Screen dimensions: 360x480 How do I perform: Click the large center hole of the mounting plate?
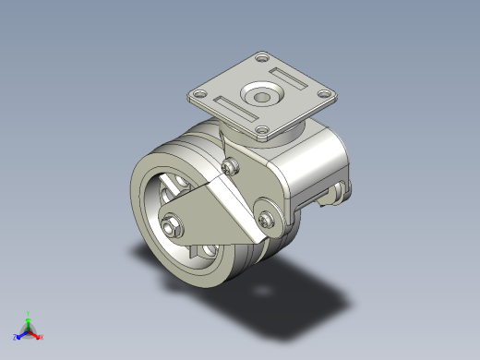coord(259,96)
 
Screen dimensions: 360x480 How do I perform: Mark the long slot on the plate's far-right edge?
coord(288,77)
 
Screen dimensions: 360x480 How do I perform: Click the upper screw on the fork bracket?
coord(231,166)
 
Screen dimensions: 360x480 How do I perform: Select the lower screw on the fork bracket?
coord(268,219)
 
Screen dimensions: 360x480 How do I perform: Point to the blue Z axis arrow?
coord(21,333)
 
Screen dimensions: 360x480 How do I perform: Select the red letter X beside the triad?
coord(42,337)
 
